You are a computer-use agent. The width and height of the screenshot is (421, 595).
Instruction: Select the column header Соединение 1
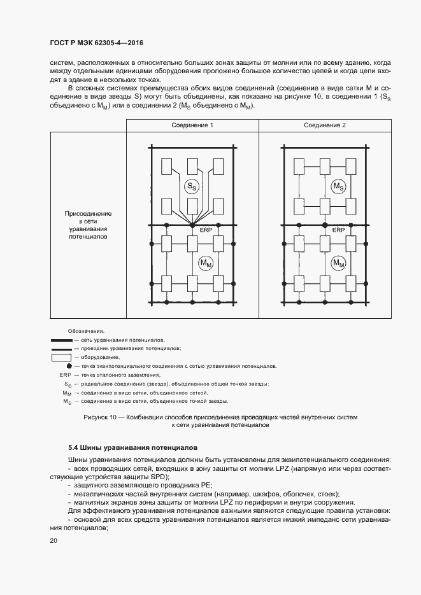pyautogui.click(x=192, y=125)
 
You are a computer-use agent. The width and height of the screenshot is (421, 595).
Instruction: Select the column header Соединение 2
pyautogui.click(x=325, y=125)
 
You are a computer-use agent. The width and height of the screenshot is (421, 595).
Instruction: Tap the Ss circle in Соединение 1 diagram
pyautogui.click(x=191, y=186)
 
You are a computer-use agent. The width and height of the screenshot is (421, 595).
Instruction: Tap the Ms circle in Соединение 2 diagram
pyautogui.click(x=338, y=186)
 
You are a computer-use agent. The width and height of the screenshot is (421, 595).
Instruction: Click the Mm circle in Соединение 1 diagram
pyautogui.click(x=205, y=263)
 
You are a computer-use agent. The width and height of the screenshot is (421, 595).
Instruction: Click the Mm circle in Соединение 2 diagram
pyautogui.click(x=338, y=263)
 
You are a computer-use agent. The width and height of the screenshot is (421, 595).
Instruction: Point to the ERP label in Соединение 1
pyautogui.click(x=205, y=230)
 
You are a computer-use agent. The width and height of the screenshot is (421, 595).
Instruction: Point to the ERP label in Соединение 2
pyautogui.click(x=339, y=230)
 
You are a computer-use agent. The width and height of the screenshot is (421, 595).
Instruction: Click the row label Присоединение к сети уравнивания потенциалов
pyautogui.click(x=90, y=225)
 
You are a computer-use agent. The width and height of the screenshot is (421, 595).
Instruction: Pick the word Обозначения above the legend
pyautogui.click(x=86, y=332)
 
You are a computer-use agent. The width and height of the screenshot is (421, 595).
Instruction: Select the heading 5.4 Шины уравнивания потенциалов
pyautogui.click(x=133, y=448)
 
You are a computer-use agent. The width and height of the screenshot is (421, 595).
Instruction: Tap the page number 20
pyautogui.click(x=54, y=540)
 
